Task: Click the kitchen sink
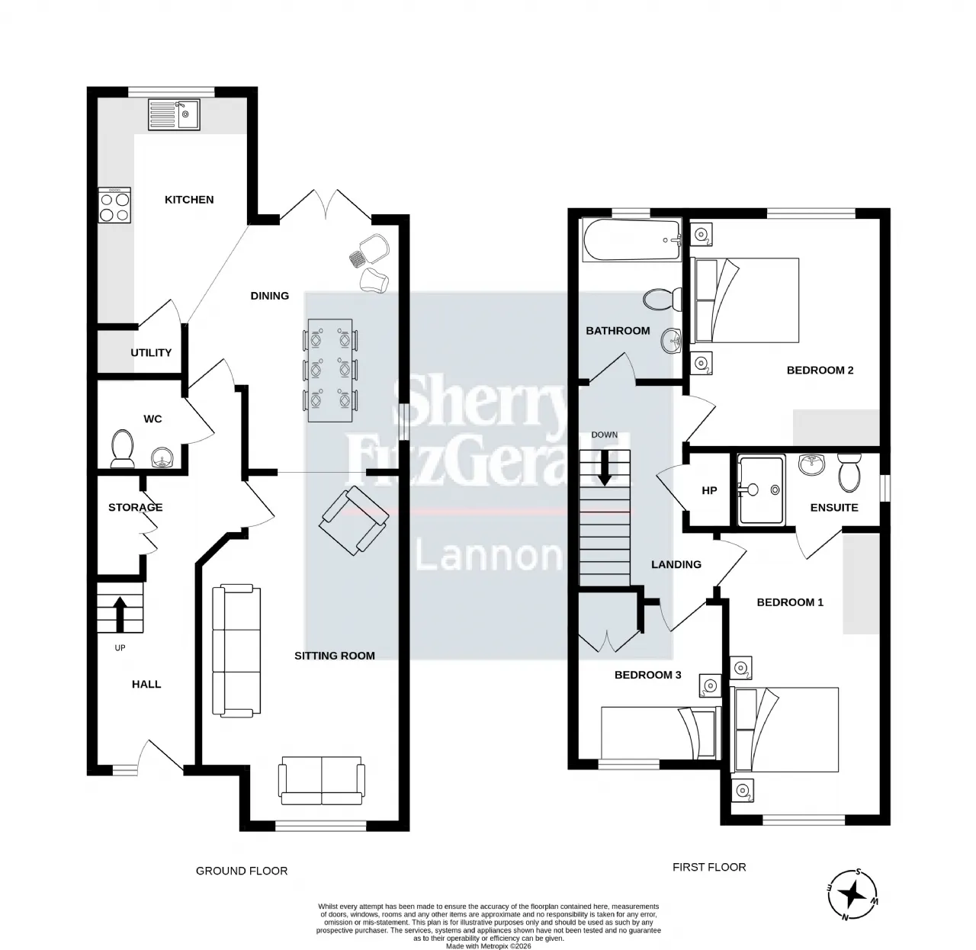coord(174,114)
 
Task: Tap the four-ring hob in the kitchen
coord(115,204)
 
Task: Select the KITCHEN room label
coord(189,200)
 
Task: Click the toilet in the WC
coord(122,448)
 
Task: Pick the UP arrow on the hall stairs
coord(120,614)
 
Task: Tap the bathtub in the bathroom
coord(631,239)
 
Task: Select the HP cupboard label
coord(709,490)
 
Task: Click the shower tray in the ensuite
coord(760,490)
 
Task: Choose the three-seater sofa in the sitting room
coord(236,650)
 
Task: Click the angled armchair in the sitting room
coord(354,520)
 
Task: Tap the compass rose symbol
coord(852,894)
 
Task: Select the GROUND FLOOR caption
coord(242,871)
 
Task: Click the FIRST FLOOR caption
coord(709,867)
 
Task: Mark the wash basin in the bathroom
coord(671,341)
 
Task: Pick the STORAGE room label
coord(136,507)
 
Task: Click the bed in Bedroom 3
coord(660,732)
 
